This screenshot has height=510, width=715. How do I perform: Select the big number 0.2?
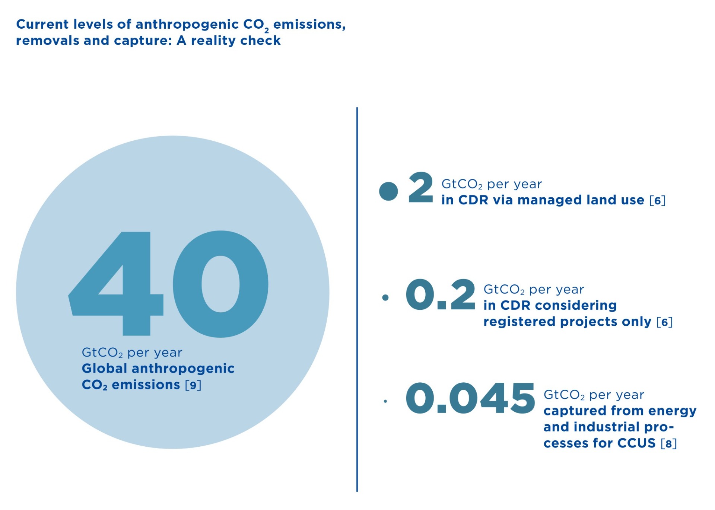pyautogui.click(x=441, y=294)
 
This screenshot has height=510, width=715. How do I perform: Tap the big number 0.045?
pyautogui.click(x=470, y=398)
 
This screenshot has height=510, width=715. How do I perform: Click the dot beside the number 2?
pyautogui.click(x=388, y=191)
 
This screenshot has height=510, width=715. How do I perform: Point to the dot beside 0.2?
pyautogui.click(x=385, y=297)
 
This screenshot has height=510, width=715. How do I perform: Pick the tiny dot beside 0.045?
pyautogui.click(x=385, y=401)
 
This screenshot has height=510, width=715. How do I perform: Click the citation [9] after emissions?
pyautogui.click(x=193, y=385)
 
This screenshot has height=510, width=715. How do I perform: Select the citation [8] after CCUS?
pyautogui.click(x=668, y=443)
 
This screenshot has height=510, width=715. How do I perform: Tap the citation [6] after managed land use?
pyautogui.click(x=657, y=200)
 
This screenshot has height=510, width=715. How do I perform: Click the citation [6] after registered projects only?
pyautogui.click(x=664, y=322)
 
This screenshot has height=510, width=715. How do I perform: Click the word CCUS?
pyautogui.click(x=636, y=443)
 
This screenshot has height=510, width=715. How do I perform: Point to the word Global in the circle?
pyautogui.click(x=105, y=368)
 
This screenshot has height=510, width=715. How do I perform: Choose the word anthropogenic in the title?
pyautogui.click(x=187, y=25)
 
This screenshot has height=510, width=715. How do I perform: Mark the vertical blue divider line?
pyautogui.click(x=357, y=300)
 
